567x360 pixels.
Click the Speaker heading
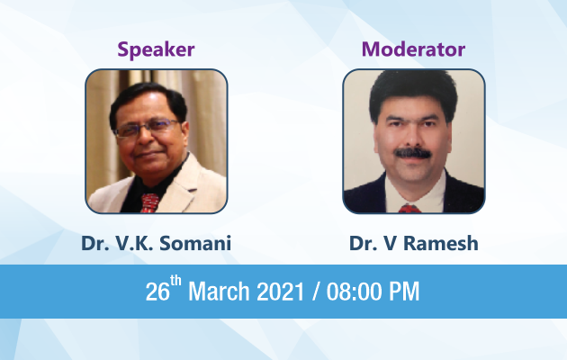[x=156, y=49]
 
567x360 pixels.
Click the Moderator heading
[x=413, y=49]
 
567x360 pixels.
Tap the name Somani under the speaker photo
[x=195, y=243]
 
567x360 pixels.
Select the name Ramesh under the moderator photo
[x=441, y=243]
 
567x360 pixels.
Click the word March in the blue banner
[x=219, y=291]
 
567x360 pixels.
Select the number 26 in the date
[x=157, y=292]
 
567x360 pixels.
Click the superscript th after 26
[x=175, y=281]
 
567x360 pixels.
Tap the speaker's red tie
[x=149, y=202]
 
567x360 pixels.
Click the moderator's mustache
[x=412, y=153]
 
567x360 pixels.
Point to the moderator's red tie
[x=409, y=209]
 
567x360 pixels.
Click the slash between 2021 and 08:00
[x=316, y=291]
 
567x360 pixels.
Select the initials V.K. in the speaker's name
[x=135, y=243]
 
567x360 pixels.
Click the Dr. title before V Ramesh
[x=364, y=243]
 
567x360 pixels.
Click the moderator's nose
[x=412, y=136]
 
